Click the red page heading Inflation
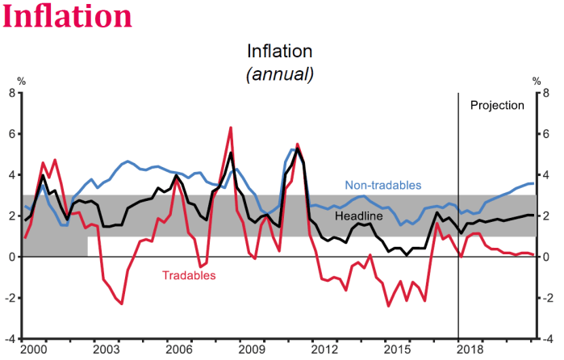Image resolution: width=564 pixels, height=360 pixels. [67, 17]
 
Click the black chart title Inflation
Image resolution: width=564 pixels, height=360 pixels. [279, 52]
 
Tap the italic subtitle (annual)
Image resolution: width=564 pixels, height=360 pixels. [279, 73]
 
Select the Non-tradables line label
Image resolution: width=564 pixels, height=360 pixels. [382, 185]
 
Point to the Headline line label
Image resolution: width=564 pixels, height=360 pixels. [359, 216]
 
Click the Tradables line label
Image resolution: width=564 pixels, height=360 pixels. [189, 275]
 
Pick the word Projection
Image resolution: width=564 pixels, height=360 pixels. [497, 105]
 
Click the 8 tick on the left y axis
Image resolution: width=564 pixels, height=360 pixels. [12, 93]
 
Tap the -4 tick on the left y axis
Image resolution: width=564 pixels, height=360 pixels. [10, 338]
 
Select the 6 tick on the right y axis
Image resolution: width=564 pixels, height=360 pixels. [549, 134]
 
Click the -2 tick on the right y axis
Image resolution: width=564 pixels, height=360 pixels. [551, 298]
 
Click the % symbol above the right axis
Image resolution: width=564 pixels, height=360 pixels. [536, 81]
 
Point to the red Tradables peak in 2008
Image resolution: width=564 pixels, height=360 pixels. [231, 128]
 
